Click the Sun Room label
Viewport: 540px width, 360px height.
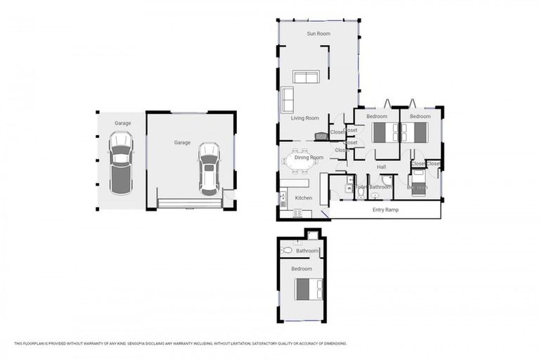319,33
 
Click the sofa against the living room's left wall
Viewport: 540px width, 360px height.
288,100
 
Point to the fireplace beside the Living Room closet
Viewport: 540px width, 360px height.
321,136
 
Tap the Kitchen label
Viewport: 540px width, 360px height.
303,198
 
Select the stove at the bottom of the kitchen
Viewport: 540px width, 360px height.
298,213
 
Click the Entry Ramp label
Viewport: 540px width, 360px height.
385,210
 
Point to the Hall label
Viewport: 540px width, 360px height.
381,167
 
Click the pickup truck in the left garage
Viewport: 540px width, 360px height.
121,162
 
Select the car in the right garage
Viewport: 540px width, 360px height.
208,169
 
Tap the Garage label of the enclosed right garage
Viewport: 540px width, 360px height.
182,143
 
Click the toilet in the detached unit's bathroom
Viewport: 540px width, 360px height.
287,250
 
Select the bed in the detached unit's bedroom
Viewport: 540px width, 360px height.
309,288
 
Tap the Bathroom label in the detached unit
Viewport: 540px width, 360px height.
307,250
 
